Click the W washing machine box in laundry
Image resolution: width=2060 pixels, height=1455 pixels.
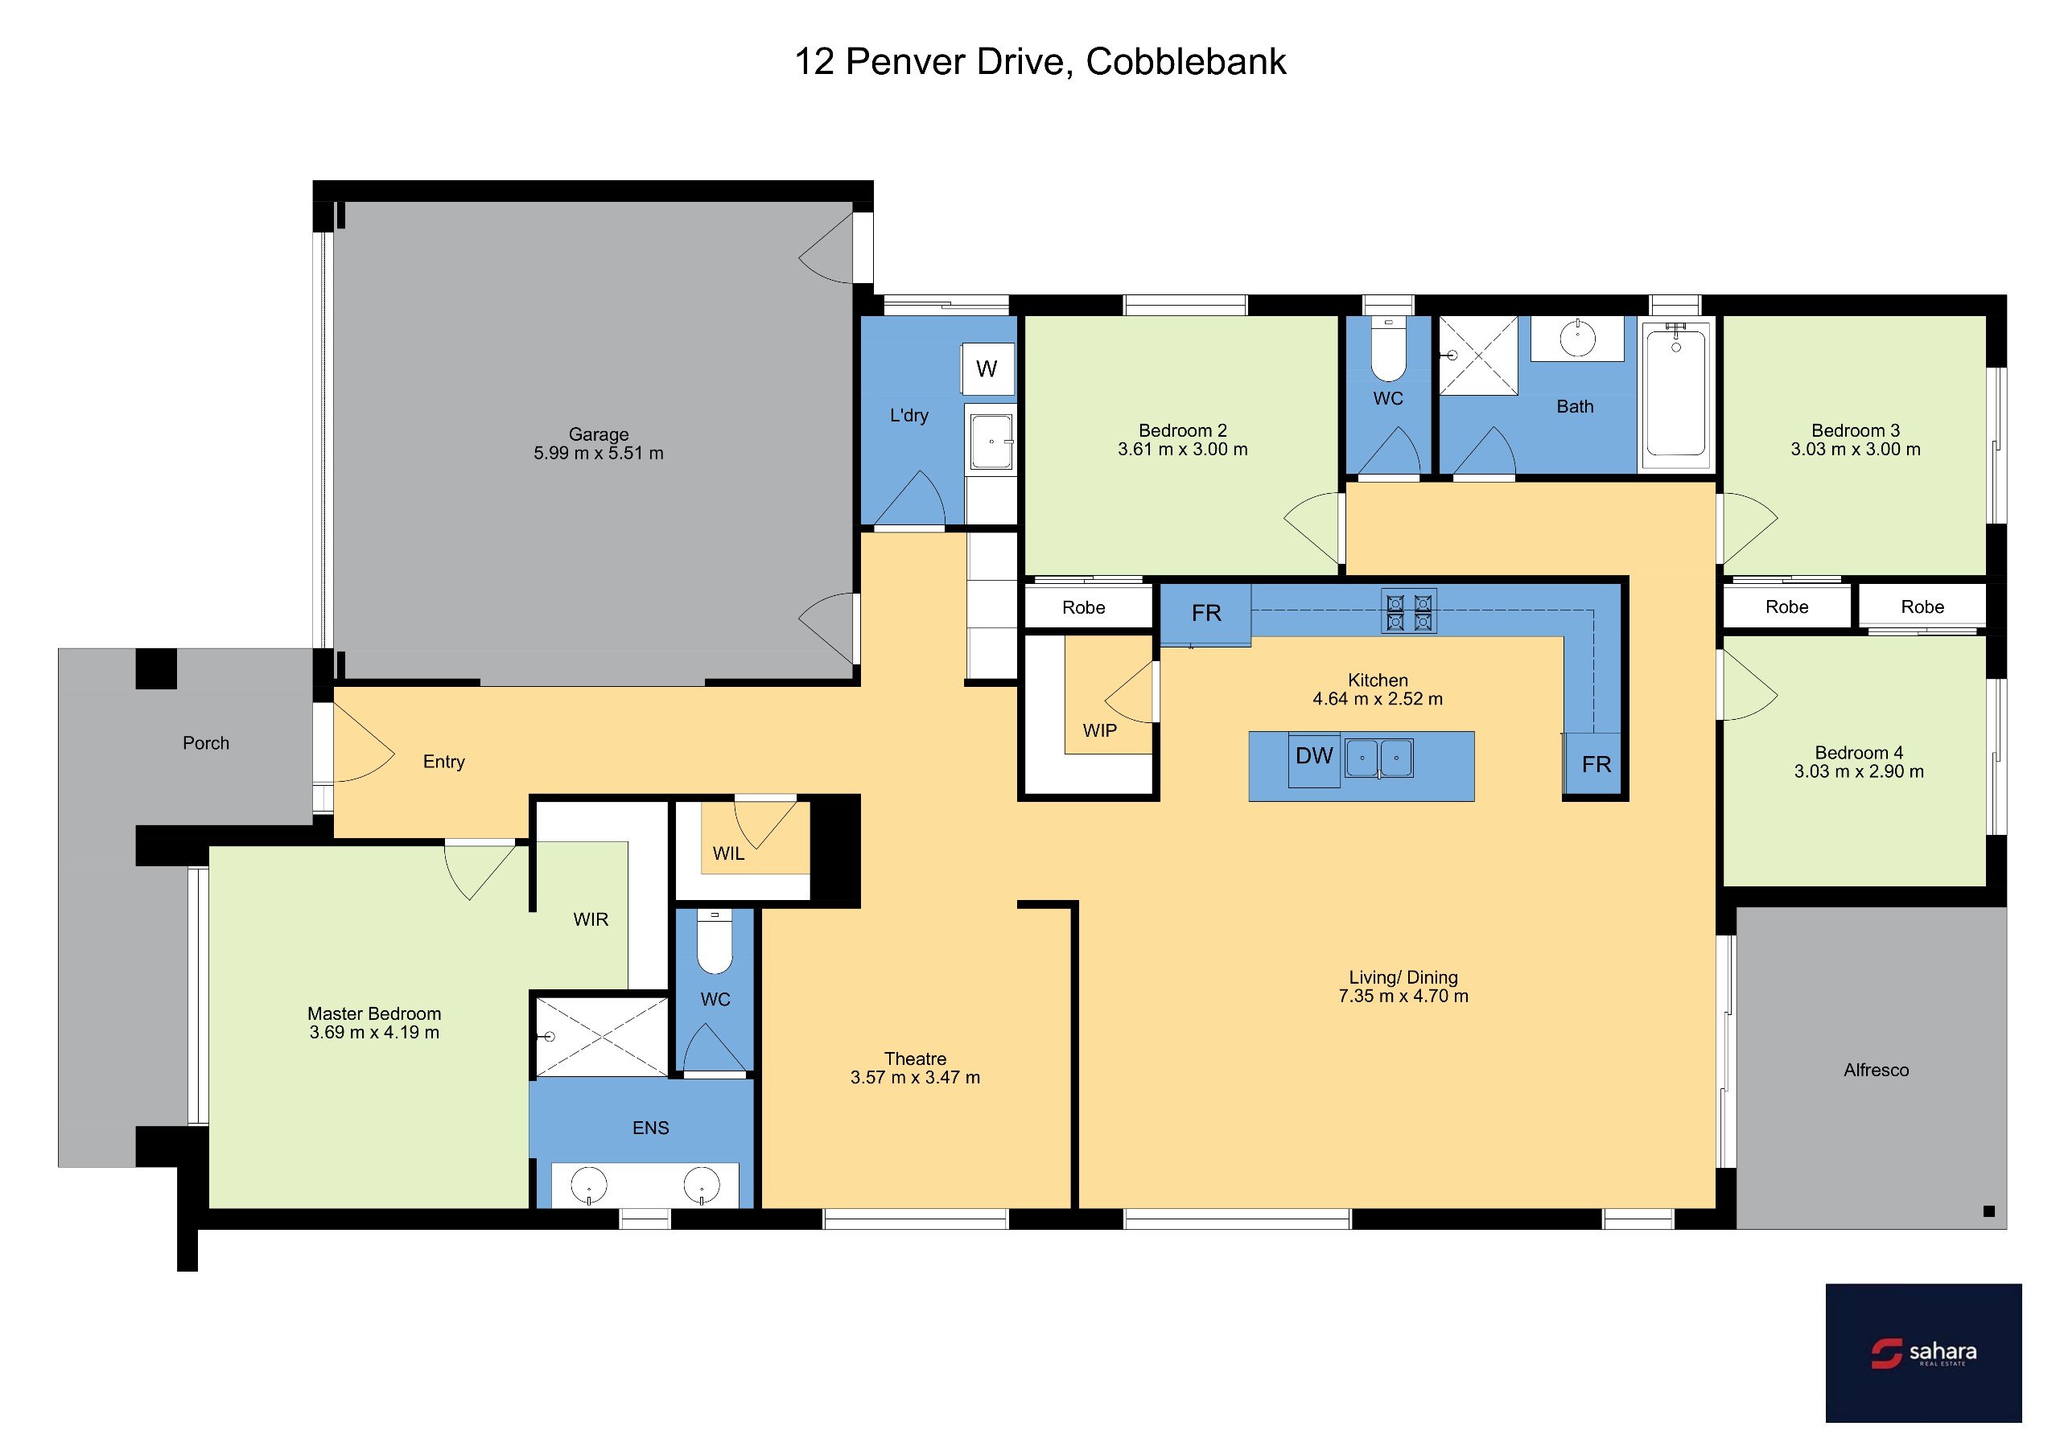(988, 368)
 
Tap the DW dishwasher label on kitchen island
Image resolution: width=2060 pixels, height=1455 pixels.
(1313, 755)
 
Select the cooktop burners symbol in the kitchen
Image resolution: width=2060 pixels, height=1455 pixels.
(1409, 611)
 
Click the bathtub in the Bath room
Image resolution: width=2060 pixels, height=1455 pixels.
(1675, 396)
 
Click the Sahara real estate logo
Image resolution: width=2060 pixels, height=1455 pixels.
(1922, 1353)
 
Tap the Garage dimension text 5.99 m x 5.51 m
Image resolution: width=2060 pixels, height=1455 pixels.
(599, 453)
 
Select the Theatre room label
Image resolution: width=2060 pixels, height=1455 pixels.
(915, 1058)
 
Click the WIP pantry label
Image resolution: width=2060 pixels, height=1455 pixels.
(1099, 730)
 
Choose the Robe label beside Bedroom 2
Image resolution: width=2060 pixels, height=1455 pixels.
(1083, 607)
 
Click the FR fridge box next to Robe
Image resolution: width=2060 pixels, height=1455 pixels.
(1206, 614)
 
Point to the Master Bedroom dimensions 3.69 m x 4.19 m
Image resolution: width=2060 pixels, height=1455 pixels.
(374, 1032)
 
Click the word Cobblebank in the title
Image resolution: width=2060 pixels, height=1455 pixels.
(1185, 61)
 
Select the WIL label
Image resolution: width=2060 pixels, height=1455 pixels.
(727, 853)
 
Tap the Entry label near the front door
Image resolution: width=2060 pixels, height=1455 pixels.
(443, 762)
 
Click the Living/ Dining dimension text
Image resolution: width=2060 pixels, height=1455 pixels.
(1403, 996)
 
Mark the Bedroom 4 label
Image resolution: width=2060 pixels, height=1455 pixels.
(1858, 753)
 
